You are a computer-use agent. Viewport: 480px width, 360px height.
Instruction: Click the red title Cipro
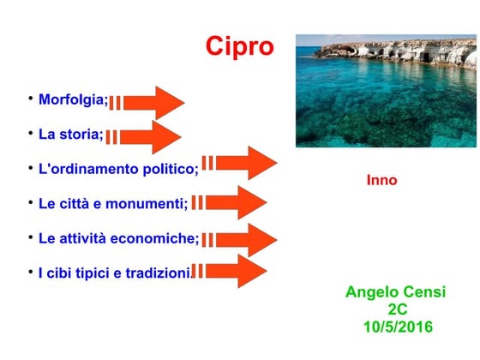(239, 46)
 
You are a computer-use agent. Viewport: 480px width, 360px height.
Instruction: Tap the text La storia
(70, 135)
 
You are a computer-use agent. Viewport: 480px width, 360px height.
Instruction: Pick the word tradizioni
(157, 273)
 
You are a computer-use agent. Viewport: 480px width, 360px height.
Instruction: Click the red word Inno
(381, 180)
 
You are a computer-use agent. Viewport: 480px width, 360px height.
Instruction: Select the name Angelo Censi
(395, 292)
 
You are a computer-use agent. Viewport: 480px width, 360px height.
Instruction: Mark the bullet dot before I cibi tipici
(30, 270)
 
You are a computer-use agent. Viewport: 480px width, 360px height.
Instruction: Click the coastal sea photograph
(385, 90)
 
